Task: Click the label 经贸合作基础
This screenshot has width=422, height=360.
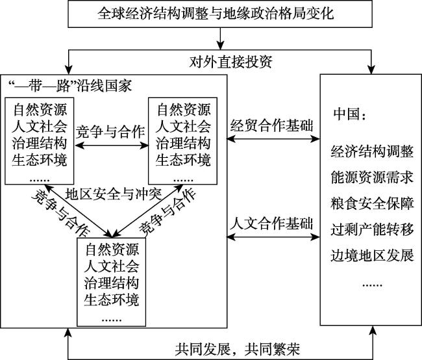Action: (273, 124)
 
